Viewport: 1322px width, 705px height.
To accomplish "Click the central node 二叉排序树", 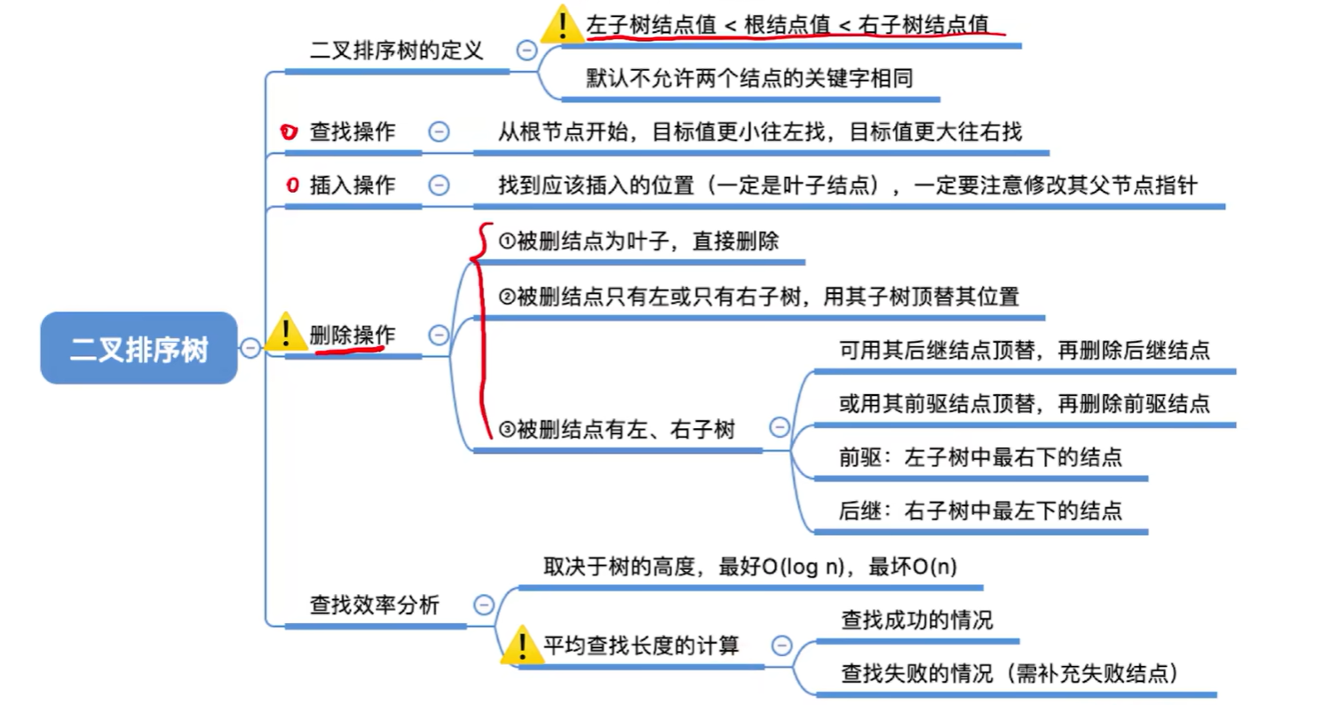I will (x=139, y=348).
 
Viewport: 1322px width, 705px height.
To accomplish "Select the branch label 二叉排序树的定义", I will (x=396, y=50).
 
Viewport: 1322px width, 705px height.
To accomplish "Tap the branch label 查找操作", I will (x=352, y=132).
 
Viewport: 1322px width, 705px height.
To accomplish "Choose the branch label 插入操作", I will (x=352, y=186).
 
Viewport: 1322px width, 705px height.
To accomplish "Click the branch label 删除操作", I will (x=352, y=335).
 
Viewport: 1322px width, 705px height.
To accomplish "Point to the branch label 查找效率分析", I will (x=374, y=606).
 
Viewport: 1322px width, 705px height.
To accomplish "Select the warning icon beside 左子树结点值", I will (x=561, y=24).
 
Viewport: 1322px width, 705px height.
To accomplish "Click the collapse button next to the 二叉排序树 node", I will (x=251, y=348).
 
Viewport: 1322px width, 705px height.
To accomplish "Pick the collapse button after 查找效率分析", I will (x=484, y=606).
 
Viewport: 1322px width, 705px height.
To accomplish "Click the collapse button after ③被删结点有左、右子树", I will (x=780, y=427).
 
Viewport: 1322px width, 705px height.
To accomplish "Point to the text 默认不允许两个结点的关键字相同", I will (x=749, y=78).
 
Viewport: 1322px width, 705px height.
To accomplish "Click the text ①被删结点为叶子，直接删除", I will (x=639, y=240).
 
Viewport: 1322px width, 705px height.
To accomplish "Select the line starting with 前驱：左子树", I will (x=980, y=458).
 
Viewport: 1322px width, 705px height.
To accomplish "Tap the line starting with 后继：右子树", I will (x=980, y=511).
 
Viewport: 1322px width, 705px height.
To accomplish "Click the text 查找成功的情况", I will (x=917, y=621).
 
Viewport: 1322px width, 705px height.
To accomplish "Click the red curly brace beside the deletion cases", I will (x=483, y=329).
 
